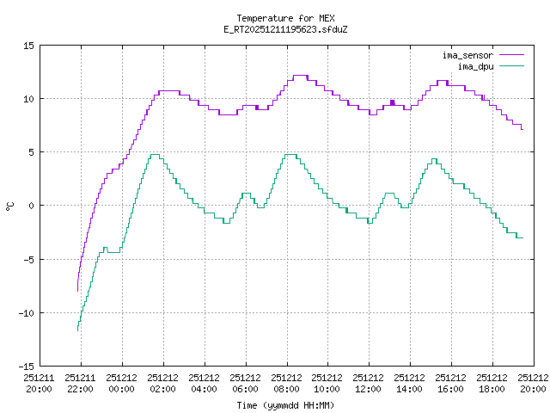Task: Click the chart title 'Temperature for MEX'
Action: (285, 18)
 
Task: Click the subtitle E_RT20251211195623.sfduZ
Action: (285, 29)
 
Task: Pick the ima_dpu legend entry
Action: (474, 65)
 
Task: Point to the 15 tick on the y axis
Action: (28, 46)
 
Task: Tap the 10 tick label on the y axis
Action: (28, 99)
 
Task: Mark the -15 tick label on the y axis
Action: (26, 366)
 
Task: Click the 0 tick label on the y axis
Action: (31, 206)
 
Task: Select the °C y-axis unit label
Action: (9, 206)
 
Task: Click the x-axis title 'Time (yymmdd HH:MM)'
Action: (285, 405)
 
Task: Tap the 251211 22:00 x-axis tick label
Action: (80, 383)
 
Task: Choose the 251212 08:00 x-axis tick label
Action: (286, 383)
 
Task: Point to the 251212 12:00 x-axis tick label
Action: (369, 383)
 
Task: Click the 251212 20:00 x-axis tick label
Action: (533, 383)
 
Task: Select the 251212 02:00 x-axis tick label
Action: (162, 383)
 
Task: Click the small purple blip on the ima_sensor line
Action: (392, 102)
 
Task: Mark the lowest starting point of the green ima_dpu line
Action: (77, 330)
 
